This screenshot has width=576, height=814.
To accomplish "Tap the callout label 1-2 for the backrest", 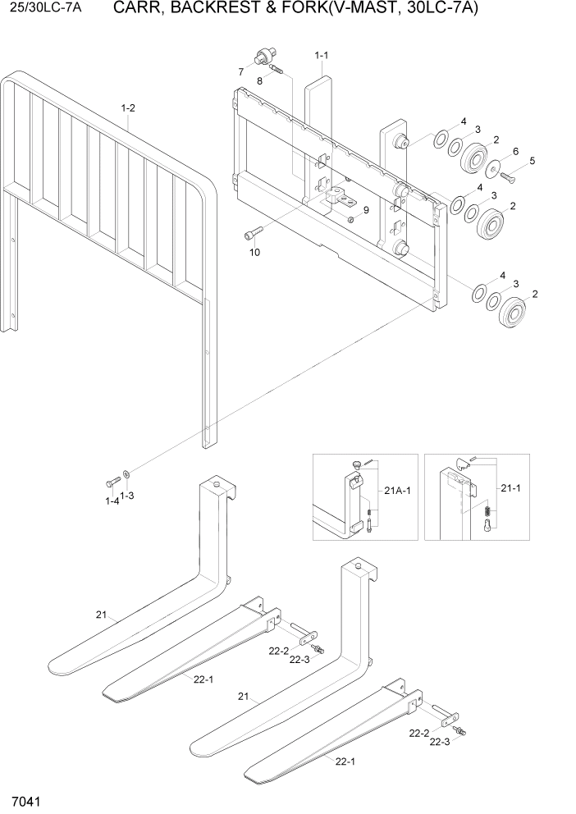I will [128, 107].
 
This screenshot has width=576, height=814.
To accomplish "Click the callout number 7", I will [241, 72].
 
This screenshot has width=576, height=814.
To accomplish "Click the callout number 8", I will [259, 80].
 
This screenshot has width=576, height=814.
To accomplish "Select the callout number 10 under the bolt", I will [254, 252].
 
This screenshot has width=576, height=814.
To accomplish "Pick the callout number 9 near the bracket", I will [366, 210].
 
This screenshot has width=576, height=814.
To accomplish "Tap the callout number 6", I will [514, 151].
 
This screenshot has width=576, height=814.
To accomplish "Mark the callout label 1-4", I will [112, 501].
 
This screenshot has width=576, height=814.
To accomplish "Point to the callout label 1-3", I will [128, 496].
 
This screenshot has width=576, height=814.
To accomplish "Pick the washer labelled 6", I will [495, 168].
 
